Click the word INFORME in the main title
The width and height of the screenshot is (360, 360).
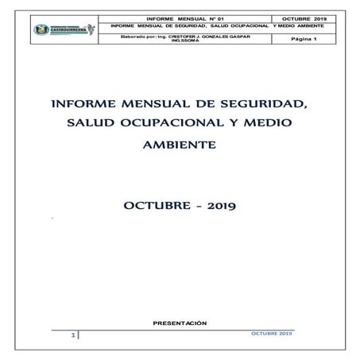(x=79, y=104)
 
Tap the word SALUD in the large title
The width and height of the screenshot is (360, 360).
(x=91, y=125)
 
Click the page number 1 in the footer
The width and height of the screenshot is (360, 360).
(x=72, y=336)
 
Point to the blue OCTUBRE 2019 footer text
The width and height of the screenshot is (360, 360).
(x=270, y=332)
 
